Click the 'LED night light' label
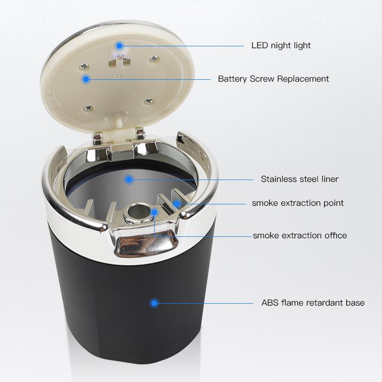point(281,45)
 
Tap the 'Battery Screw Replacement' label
point(273,79)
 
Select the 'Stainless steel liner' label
point(300,179)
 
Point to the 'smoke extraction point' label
point(297,203)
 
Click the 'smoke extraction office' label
point(300,235)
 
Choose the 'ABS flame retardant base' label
point(313,303)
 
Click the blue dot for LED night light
point(119,45)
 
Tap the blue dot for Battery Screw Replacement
point(86,79)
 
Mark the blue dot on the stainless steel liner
point(128,180)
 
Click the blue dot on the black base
point(154,303)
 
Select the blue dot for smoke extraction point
point(177,203)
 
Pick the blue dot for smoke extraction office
point(154,212)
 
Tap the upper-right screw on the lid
point(154,58)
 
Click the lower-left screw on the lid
point(89,108)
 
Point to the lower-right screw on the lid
point(148,101)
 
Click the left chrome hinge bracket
point(98,139)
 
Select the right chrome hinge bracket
point(140,135)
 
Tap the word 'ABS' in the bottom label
point(270,303)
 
